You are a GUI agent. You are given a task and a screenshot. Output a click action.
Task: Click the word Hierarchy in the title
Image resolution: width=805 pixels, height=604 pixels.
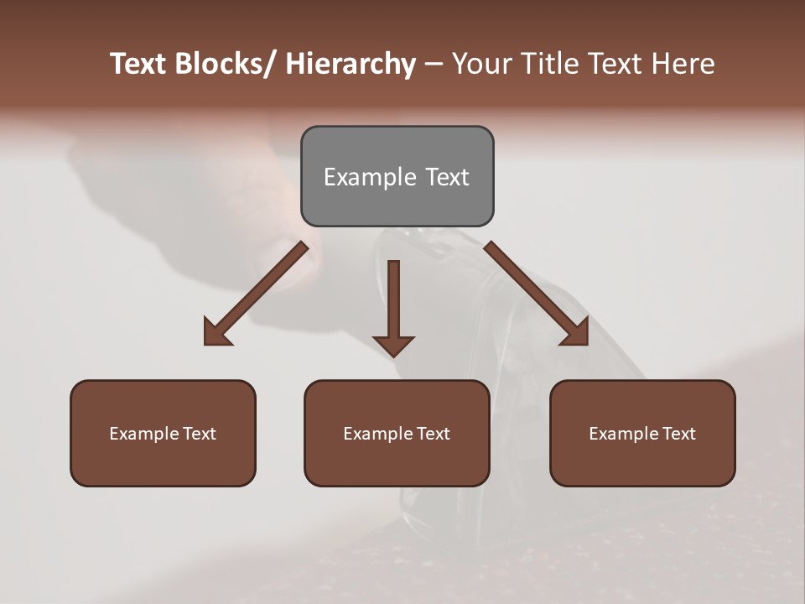coord(351,64)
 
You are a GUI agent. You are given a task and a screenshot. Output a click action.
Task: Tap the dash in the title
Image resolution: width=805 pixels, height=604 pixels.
coord(434,64)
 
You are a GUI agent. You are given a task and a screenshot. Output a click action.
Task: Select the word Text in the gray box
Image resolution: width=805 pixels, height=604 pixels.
coord(446,177)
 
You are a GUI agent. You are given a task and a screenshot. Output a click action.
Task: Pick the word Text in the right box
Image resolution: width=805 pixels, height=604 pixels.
coord(678,434)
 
